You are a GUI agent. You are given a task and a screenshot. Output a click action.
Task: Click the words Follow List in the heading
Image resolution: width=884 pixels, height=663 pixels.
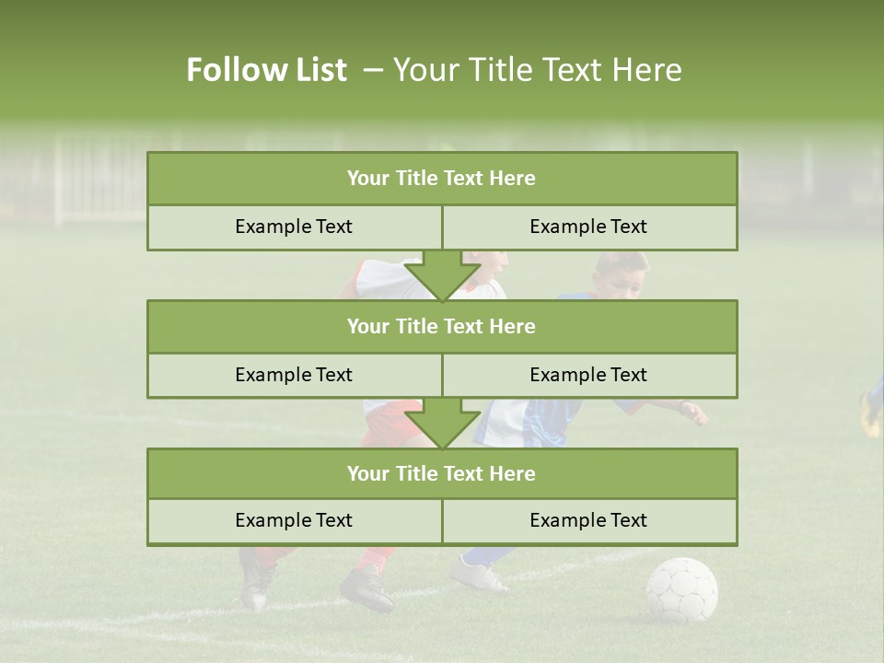(x=267, y=70)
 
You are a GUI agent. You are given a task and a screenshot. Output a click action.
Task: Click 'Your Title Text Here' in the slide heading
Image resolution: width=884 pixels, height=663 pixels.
(x=537, y=70)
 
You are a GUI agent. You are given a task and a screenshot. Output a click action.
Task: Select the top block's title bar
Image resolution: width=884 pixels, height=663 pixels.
(x=441, y=179)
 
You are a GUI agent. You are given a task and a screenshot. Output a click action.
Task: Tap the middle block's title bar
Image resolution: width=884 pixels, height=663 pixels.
(x=441, y=326)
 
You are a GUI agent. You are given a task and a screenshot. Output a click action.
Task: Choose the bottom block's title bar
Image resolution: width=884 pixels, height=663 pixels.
(x=441, y=473)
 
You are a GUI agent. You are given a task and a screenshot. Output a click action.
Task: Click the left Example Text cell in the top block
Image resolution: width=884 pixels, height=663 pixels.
(x=294, y=227)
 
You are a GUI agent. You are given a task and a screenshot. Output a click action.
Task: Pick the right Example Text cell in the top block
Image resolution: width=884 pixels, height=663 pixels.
(x=588, y=227)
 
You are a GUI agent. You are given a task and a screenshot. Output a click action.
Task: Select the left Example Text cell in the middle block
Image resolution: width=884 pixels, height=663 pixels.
(x=294, y=375)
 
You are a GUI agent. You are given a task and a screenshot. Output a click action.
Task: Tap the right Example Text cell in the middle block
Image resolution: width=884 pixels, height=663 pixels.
(x=588, y=375)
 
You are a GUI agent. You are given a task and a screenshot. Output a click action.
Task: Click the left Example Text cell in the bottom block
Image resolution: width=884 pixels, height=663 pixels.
(x=294, y=520)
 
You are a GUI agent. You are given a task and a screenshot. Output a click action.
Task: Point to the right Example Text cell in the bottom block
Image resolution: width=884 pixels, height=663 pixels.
(x=588, y=520)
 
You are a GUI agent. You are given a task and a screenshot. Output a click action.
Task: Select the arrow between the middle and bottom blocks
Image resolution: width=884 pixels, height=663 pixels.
(x=442, y=423)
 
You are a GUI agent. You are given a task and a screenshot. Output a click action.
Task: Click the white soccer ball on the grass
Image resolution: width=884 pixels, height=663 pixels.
(x=681, y=589)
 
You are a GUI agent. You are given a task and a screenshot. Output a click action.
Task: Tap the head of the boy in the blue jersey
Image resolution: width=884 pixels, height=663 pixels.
(x=620, y=273)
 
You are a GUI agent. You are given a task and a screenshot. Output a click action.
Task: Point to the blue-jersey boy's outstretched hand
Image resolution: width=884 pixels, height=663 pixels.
(x=695, y=412)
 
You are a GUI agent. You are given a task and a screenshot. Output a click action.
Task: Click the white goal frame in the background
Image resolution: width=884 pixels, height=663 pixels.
(x=92, y=180)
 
